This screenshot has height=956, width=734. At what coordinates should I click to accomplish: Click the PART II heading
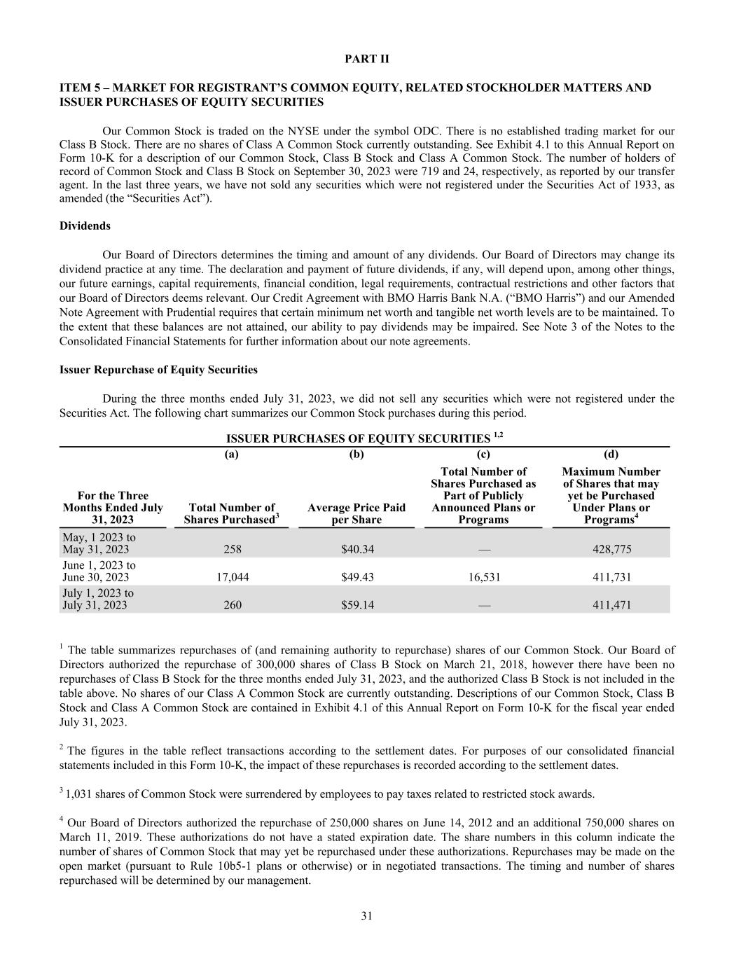[x=366, y=59]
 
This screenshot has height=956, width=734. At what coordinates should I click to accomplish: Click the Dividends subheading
[x=85, y=226]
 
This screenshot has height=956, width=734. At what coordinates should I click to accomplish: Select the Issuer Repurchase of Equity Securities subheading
[x=158, y=370]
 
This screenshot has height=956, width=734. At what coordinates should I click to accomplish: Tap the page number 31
[x=366, y=916]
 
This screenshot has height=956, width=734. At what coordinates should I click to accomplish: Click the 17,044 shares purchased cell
[x=233, y=577]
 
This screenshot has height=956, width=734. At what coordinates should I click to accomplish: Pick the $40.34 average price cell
[x=357, y=549]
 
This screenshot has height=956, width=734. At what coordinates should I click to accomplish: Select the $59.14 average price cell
[x=357, y=605]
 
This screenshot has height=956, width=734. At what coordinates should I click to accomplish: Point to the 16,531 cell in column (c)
[x=483, y=577]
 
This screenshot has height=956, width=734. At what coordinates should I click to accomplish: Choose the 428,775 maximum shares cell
[x=611, y=549]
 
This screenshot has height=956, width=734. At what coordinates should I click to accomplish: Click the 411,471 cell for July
[x=611, y=605]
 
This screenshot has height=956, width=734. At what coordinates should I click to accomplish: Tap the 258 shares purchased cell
[x=233, y=549]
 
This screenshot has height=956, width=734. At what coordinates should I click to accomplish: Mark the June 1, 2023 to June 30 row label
[x=99, y=571]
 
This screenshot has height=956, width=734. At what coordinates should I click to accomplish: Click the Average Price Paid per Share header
[x=356, y=513]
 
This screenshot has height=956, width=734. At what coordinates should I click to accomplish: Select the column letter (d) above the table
[x=611, y=454]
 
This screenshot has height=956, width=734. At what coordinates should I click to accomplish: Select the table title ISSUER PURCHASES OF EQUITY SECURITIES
[x=358, y=439]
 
